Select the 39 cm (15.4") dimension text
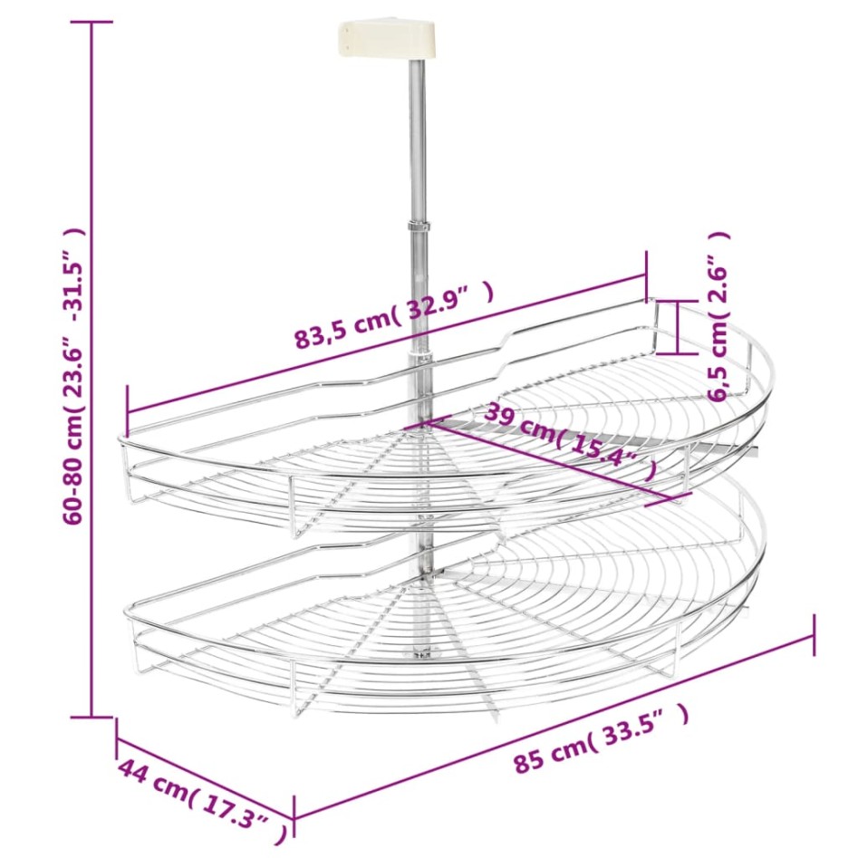[570, 442]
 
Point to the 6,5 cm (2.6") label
[718, 316]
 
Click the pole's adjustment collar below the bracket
[418, 226]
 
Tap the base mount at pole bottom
[420, 652]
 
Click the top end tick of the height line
[92, 22]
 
